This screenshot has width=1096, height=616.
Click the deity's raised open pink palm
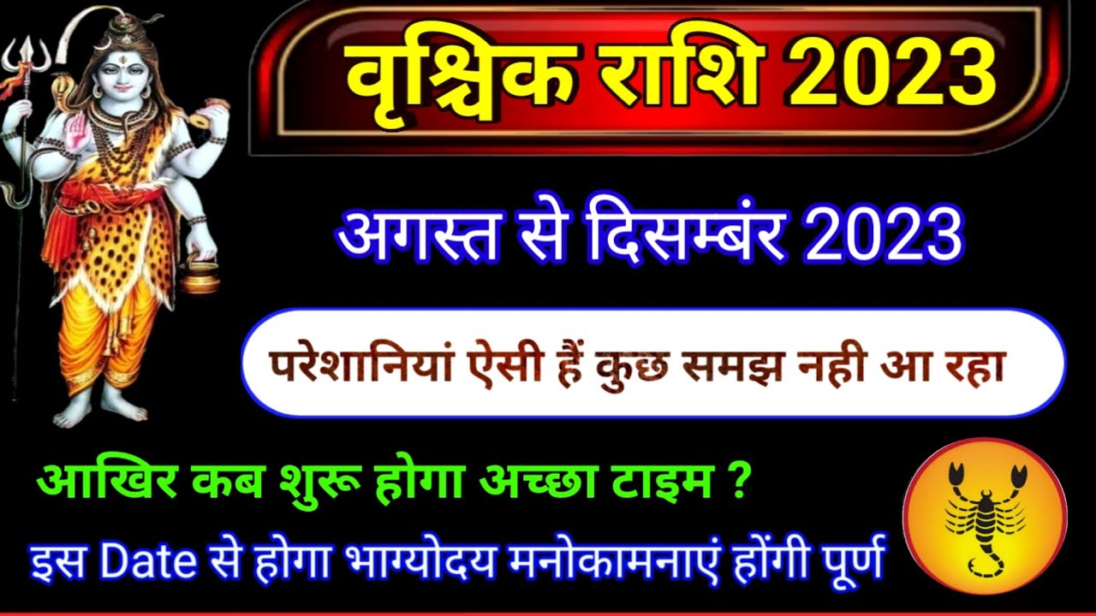pos(77,133)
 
